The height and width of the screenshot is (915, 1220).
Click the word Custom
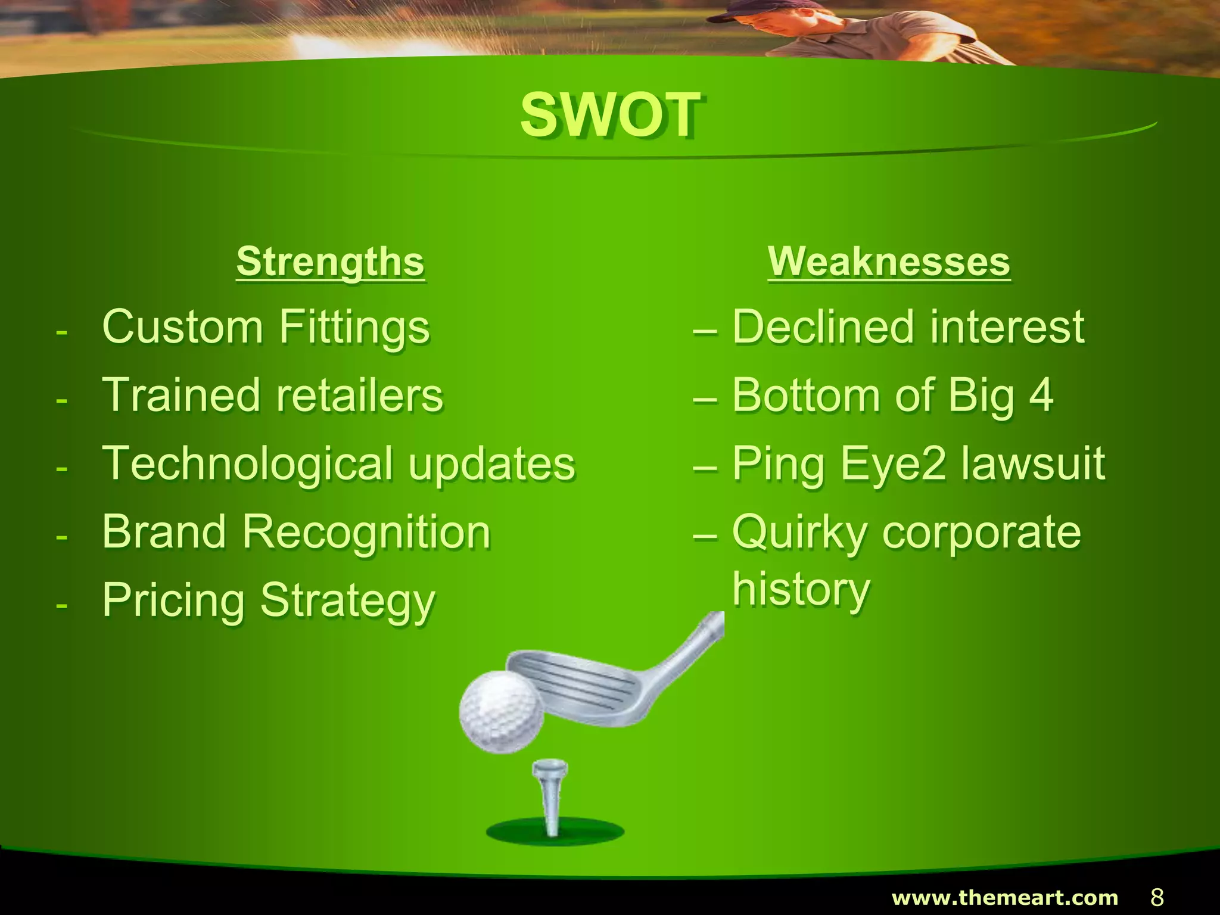(x=182, y=327)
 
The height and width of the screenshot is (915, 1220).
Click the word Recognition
(x=366, y=532)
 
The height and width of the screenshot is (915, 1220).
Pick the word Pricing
(x=173, y=600)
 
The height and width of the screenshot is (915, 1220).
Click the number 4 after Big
(x=1041, y=395)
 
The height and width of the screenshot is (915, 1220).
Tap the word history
(x=801, y=589)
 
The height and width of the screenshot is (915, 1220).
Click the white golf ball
(x=502, y=711)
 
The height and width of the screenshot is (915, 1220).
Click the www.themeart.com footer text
(x=1004, y=897)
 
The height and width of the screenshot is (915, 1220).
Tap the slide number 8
(x=1157, y=897)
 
